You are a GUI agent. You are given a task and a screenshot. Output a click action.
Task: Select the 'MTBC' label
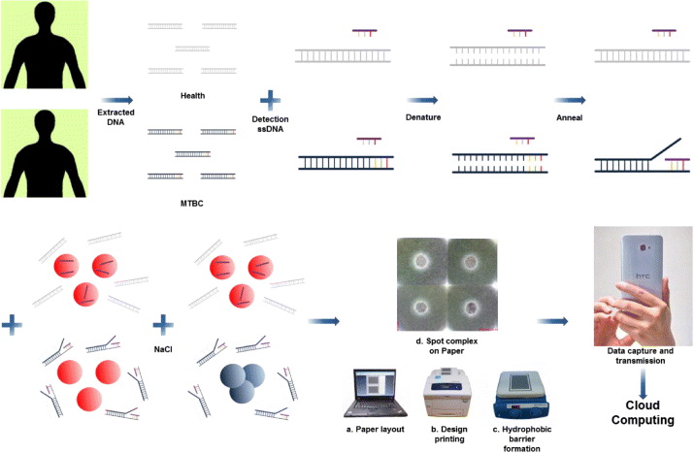click(191, 204)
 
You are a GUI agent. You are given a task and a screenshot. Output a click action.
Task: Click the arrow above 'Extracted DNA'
click(116, 99)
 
